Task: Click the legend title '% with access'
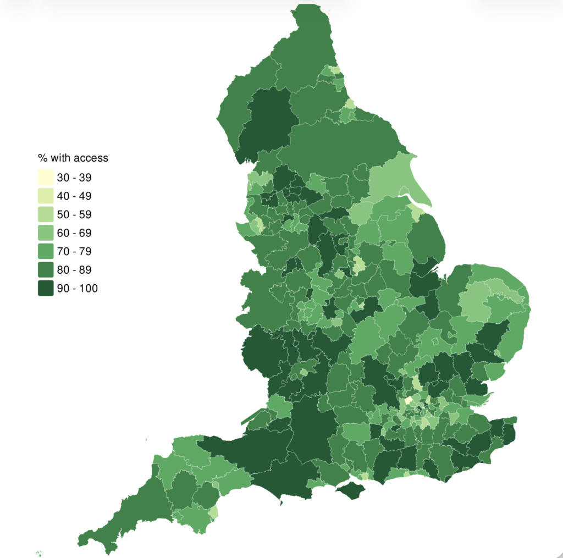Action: pos(73,158)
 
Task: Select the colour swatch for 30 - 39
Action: pos(46,178)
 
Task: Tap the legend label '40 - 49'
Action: pos(74,196)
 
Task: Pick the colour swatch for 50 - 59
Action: pos(46,214)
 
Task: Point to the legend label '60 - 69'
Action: pos(74,233)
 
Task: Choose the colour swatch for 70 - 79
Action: pos(46,251)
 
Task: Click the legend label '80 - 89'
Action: pos(74,270)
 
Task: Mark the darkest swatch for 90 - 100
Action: pos(46,288)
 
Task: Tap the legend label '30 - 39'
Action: pos(74,178)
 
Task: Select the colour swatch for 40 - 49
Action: pos(46,196)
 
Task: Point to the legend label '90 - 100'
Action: pos(77,288)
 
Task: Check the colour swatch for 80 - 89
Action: pos(46,270)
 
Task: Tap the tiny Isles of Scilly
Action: pos(39,553)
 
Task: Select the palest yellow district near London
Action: pos(408,401)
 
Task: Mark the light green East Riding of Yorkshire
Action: pos(393,181)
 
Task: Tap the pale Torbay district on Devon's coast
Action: pos(213,512)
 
